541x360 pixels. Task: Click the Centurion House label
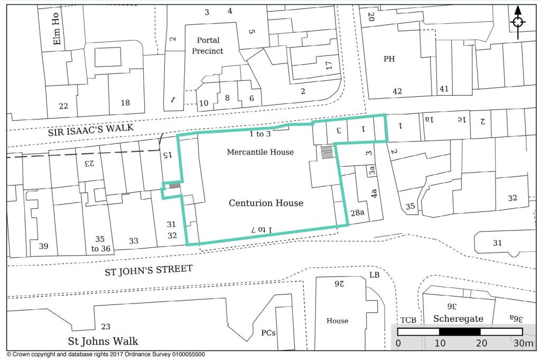[x=266, y=203]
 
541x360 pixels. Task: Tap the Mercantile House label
[x=260, y=152]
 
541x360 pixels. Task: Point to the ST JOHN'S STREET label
[x=148, y=270]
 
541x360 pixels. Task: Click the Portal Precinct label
[x=208, y=45]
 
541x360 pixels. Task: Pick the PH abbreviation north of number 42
[x=389, y=59]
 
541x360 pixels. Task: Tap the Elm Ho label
[x=57, y=29]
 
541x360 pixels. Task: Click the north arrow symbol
[x=518, y=22]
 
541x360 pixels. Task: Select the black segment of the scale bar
[x=460, y=332]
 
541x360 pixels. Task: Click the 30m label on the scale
[x=523, y=344]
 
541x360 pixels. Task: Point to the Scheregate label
[x=458, y=319]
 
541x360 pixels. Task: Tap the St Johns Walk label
[x=102, y=340]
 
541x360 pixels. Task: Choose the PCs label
[x=268, y=333]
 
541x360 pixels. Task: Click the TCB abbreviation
[x=408, y=320]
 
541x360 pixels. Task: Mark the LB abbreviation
[x=374, y=275]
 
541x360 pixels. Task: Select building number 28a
[x=357, y=213]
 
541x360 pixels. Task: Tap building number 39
[x=43, y=246]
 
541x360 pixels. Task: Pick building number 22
[x=63, y=106]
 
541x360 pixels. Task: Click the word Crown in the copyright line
[x=21, y=355]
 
